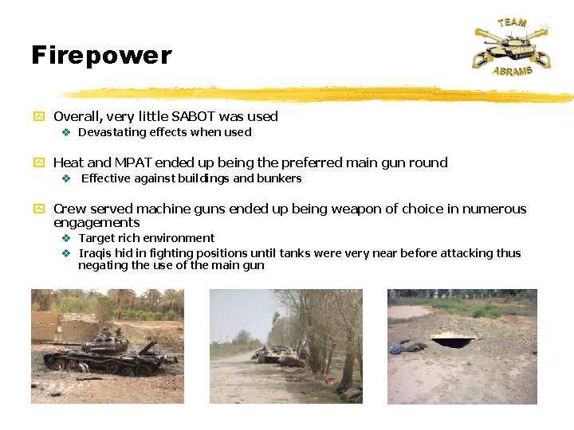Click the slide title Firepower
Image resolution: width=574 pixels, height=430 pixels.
[101, 55]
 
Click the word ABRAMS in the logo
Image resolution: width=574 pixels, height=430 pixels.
[512, 71]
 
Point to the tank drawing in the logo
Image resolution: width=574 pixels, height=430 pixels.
[510, 47]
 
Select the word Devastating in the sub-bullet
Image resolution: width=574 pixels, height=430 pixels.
[110, 132]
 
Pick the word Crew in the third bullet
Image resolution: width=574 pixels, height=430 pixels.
[69, 209]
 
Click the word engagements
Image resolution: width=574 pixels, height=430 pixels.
[96, 223]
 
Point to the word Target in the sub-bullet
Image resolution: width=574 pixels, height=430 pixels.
[97, 238]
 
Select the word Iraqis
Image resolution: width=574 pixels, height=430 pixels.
[96, 253]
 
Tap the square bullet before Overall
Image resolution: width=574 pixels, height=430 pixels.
[37, 117]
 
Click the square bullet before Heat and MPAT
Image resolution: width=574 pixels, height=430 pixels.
[37, 163]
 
